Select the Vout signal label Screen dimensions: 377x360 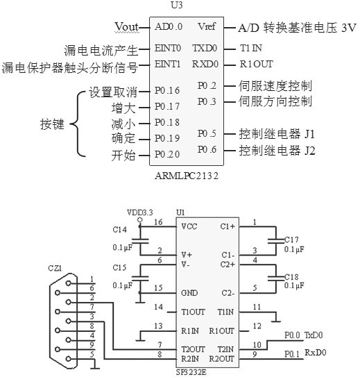tap(128, 26)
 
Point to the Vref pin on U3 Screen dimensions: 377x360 tap(207, 27)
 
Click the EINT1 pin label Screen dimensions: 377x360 tap(167, 66)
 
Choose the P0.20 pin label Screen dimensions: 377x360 tap(167, 154)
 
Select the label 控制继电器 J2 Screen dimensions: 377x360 tap(277, 149)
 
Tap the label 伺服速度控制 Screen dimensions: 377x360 tap(275, 86)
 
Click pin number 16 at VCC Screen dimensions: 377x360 tap(157, 223)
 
